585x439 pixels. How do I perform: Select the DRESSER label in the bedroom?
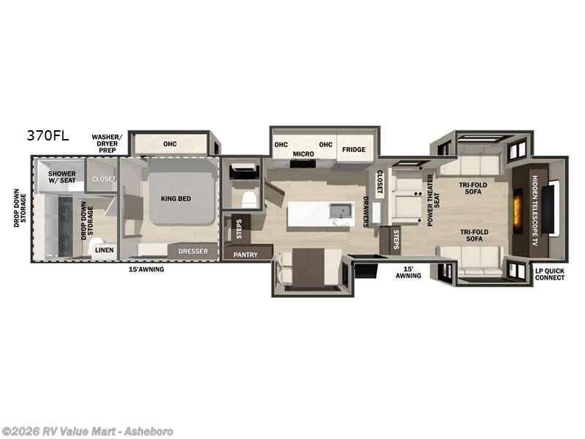pyautogui.click(x=193, y=251)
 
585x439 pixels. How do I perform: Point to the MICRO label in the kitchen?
pyautogui.click(x=303, y=154)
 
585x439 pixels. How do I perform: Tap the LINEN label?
pyautogui.click(x=103, y=249)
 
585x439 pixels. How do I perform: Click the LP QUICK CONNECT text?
pyautogui.click(x=549, y=274)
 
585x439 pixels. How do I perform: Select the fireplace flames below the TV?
pyautogui.click(x=518, y=211)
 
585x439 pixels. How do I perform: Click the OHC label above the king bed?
pyautogui.click(x=170, y=143)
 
